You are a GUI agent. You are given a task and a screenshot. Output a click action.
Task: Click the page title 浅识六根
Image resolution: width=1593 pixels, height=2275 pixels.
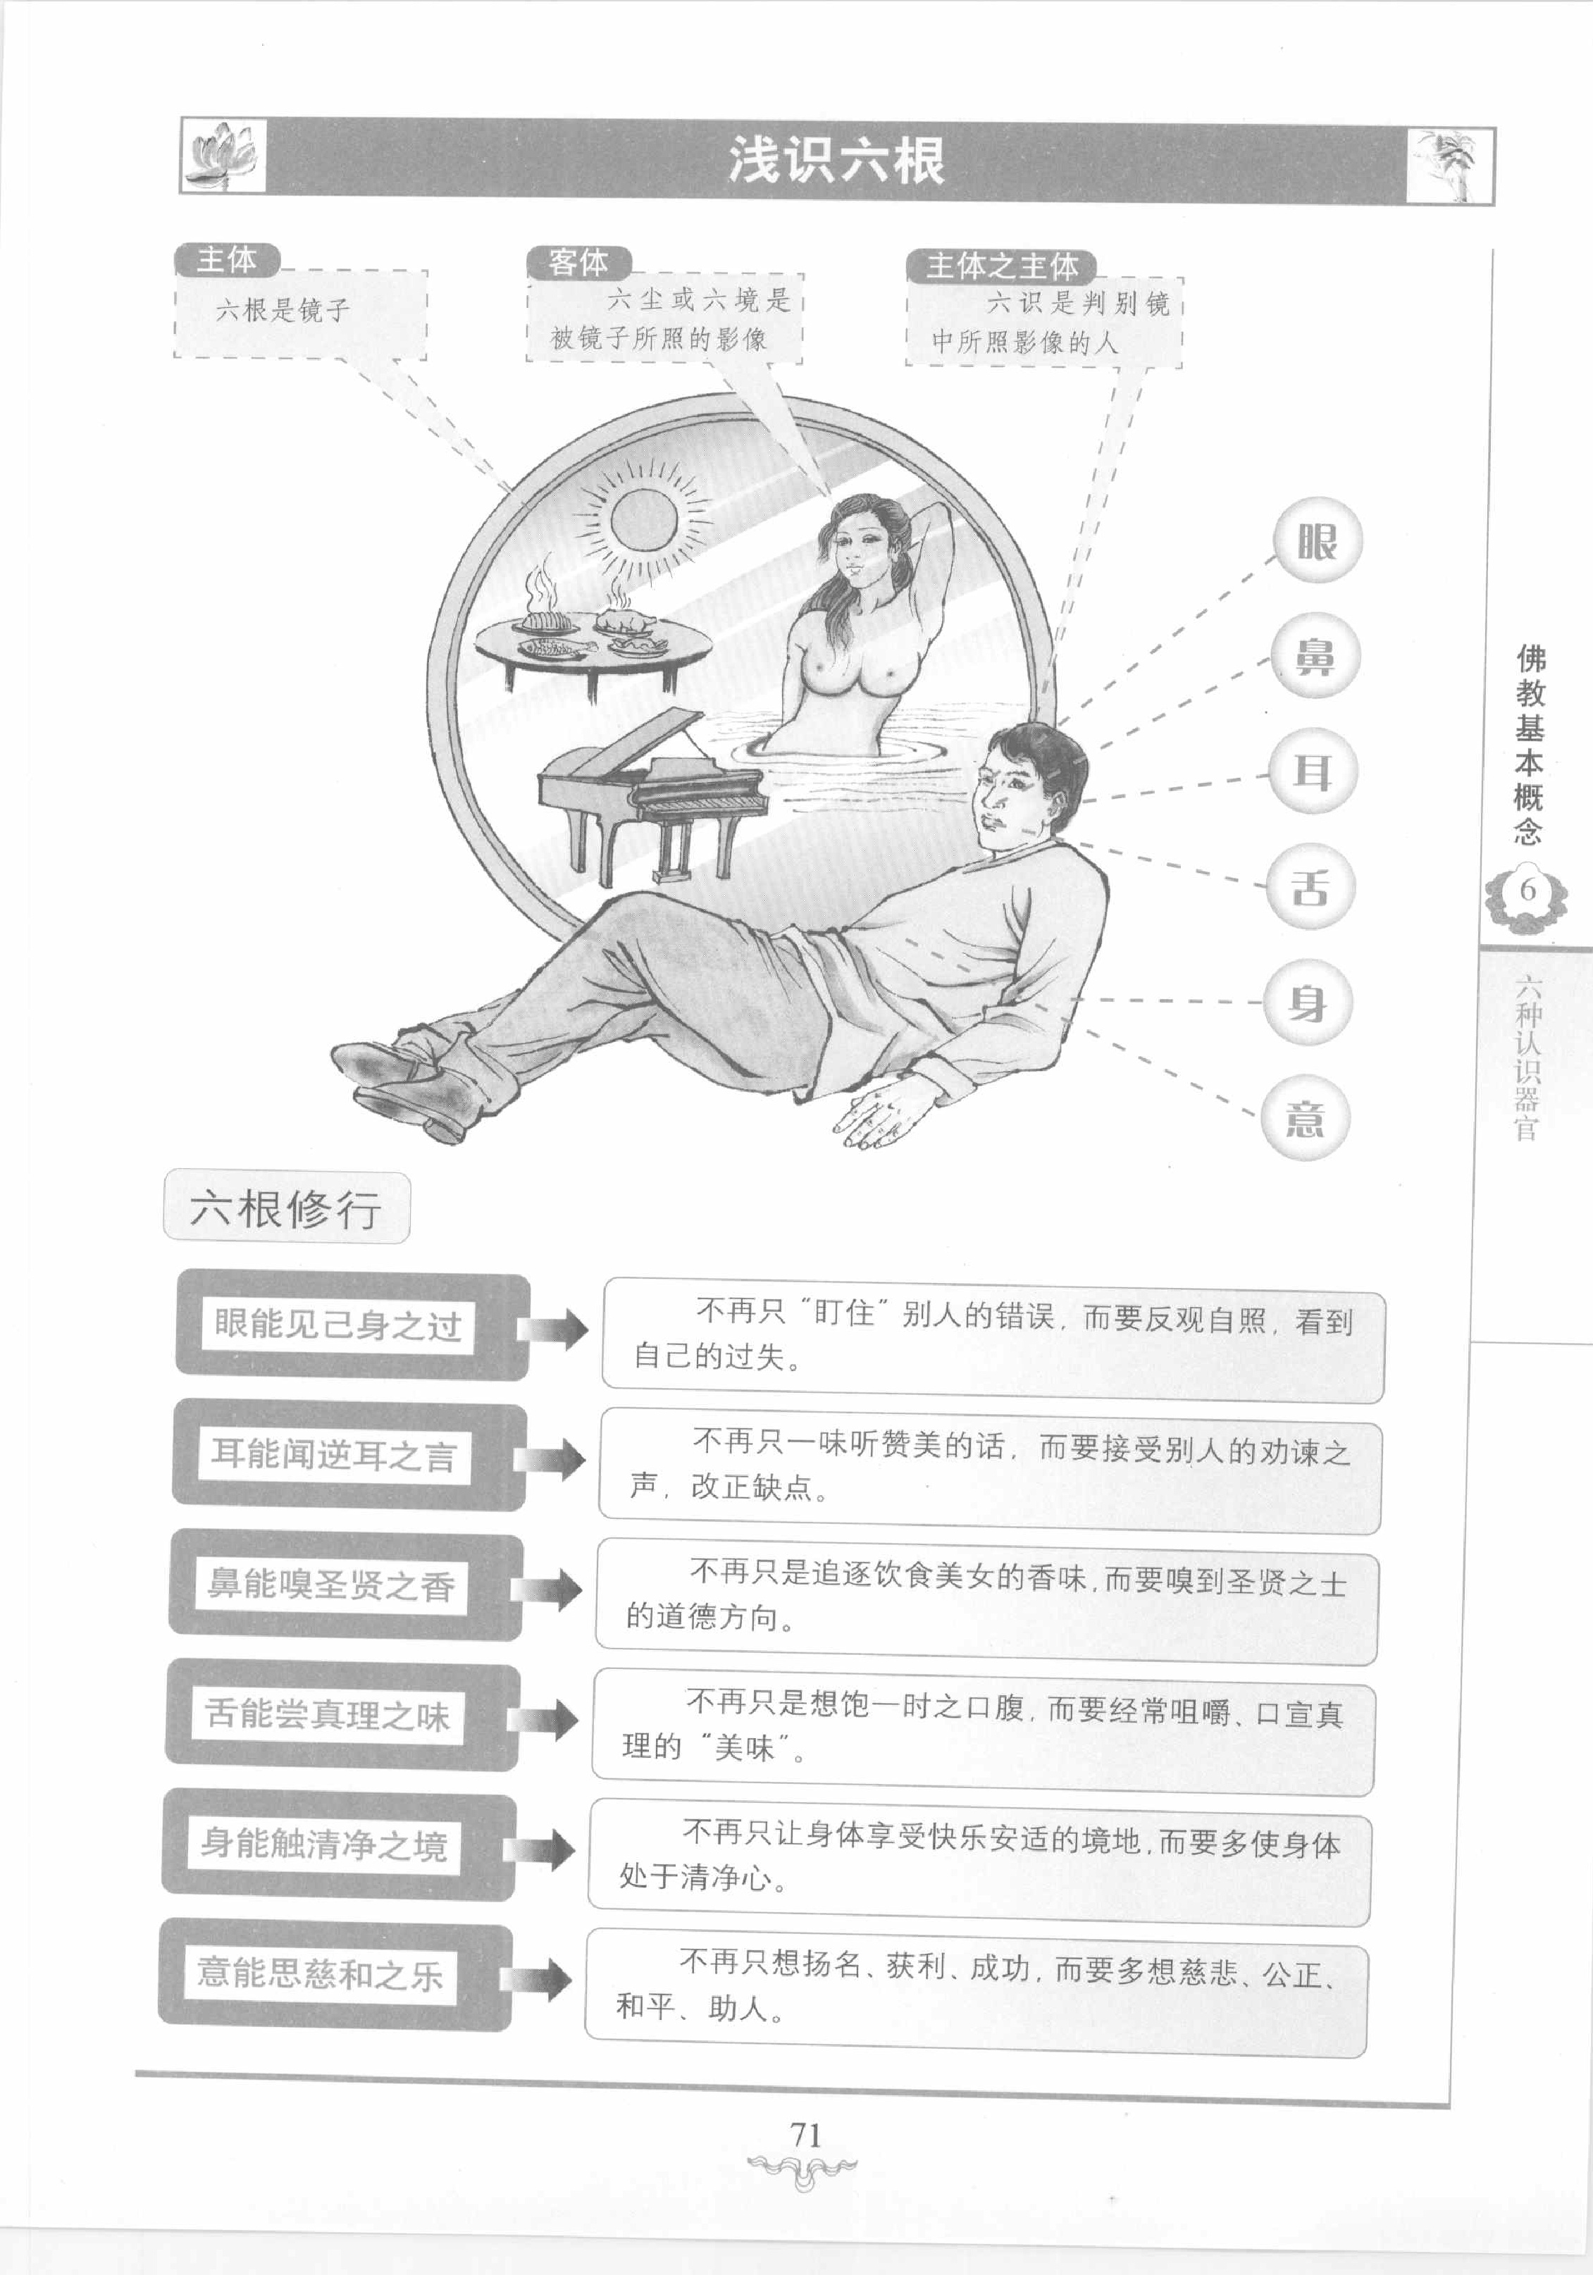point(836,161)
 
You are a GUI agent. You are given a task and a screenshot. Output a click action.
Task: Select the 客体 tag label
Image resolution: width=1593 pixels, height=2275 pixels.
point(578,263)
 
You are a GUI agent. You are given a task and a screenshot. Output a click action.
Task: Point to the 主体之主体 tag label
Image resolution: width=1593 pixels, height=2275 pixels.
point(1000,266)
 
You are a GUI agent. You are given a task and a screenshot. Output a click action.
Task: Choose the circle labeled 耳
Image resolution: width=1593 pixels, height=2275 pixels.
point(1312,771)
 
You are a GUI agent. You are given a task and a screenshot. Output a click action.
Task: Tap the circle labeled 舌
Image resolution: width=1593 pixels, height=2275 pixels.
point(1310,886)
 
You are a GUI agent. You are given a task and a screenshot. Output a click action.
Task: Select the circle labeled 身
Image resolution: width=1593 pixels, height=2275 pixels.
point(1307,1002)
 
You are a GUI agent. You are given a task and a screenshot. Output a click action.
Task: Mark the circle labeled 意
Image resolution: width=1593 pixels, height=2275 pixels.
point(1305,1117)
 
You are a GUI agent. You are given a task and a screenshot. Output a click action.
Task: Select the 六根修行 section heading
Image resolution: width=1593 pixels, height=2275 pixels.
point(286,1208)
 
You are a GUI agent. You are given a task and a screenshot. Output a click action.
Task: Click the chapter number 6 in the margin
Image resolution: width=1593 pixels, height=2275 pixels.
point(1527,890)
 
